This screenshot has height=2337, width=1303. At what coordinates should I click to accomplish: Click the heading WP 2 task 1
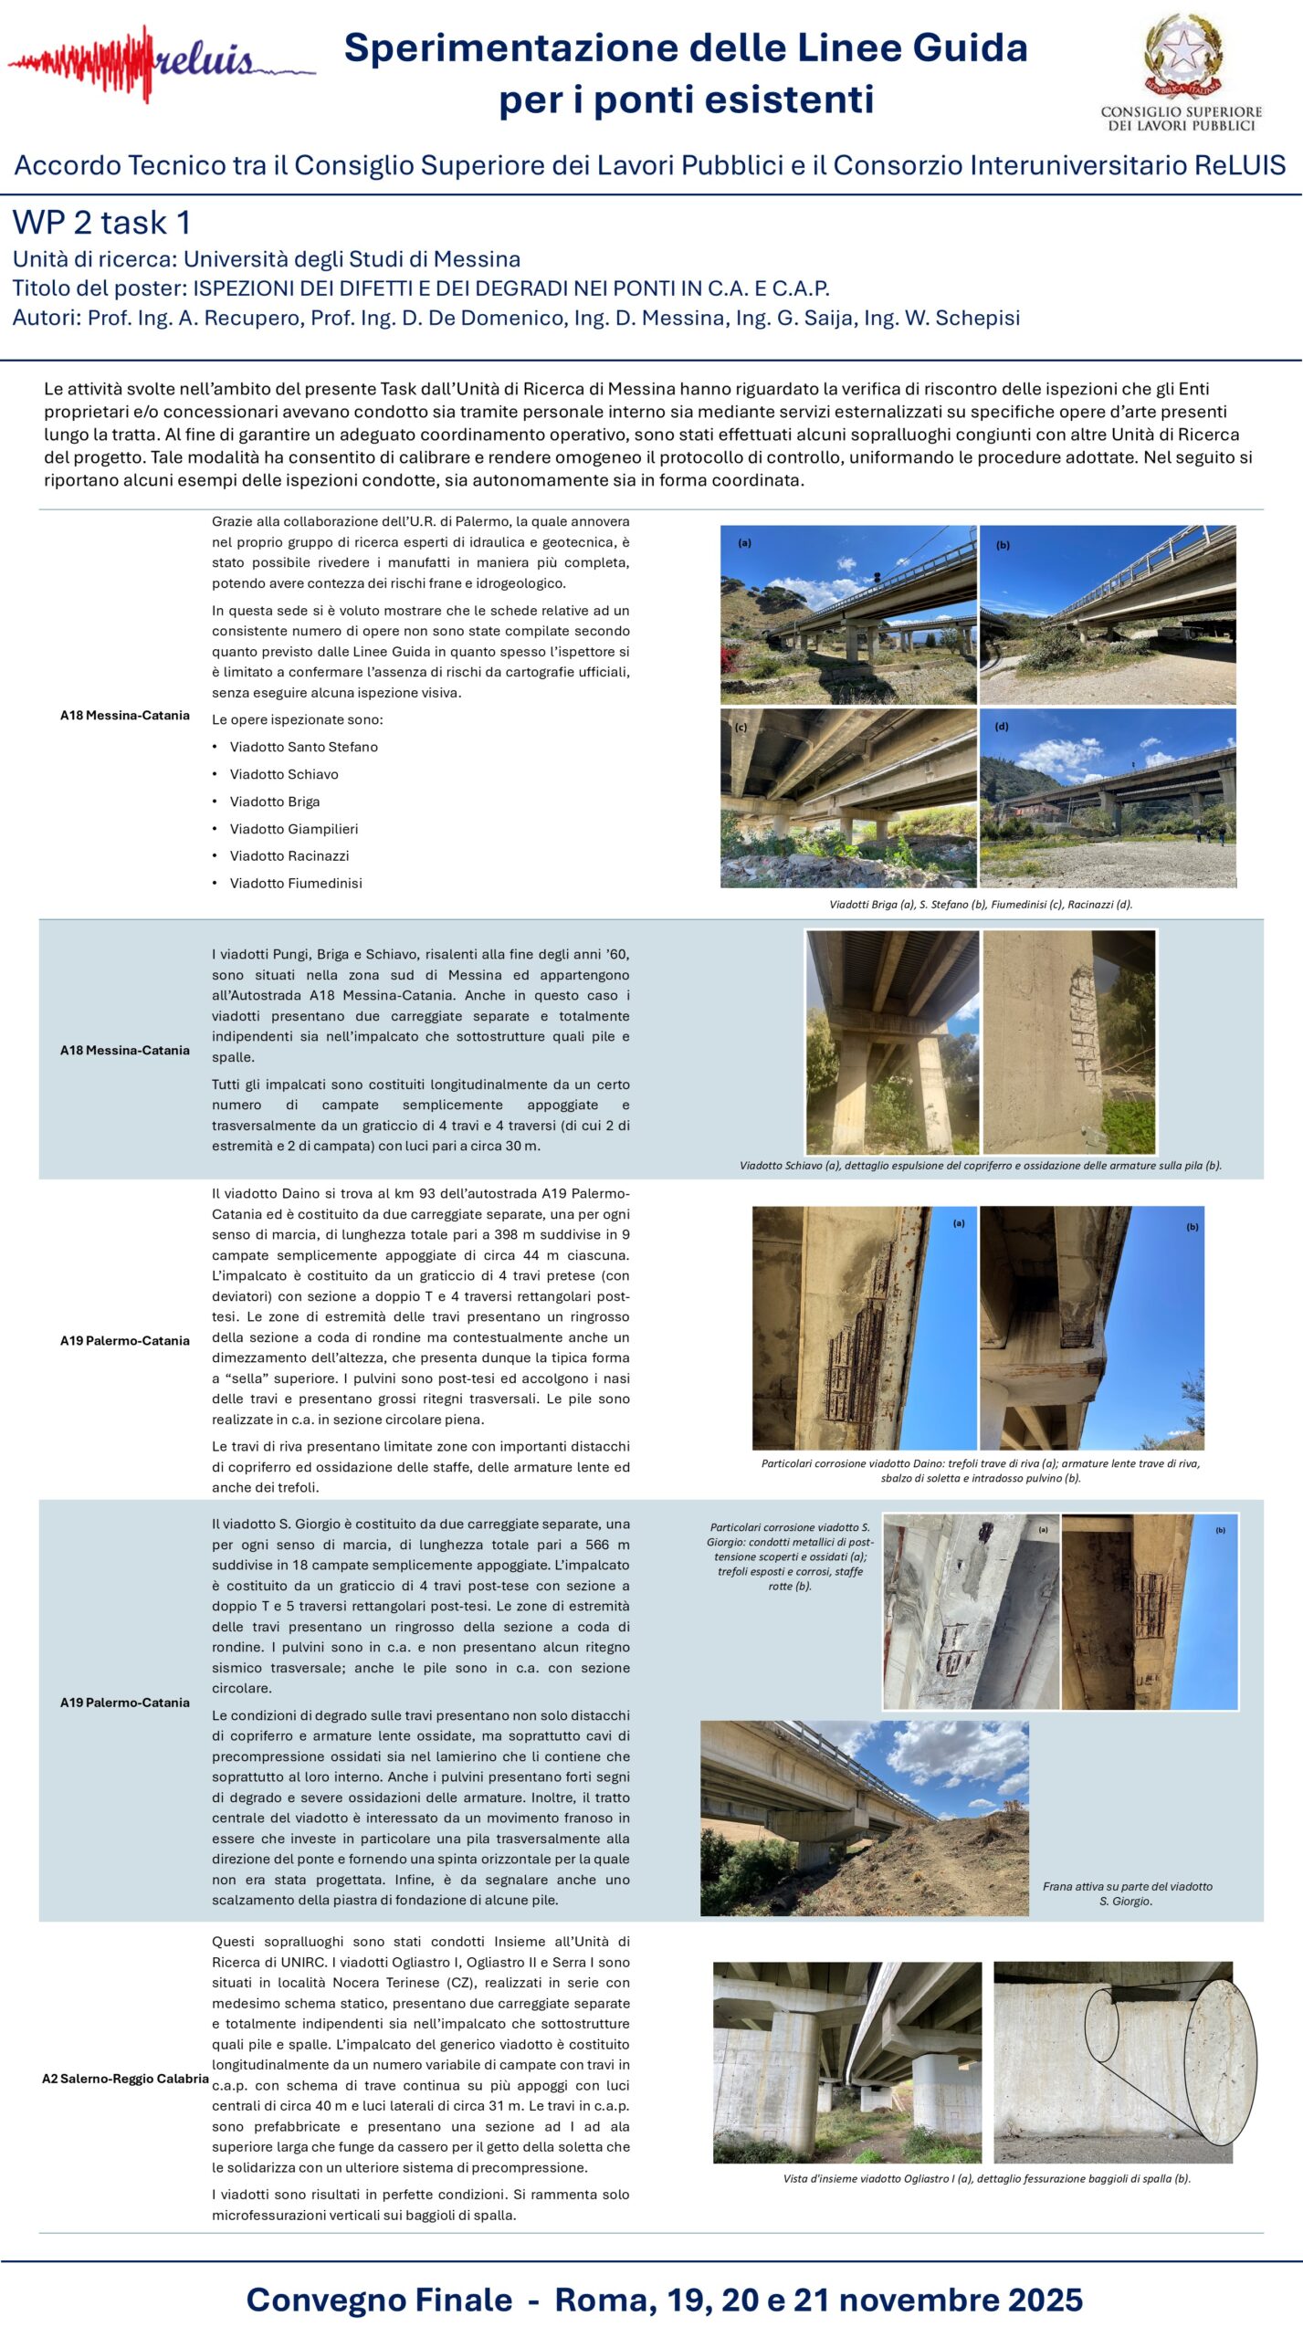(x=101, y=223)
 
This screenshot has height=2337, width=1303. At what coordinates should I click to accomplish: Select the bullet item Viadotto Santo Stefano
(x=303, y=747)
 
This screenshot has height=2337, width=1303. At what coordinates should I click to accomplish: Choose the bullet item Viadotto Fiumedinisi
(x=295, y=883)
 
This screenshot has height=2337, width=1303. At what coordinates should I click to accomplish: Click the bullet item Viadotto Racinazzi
(x=289, y=855)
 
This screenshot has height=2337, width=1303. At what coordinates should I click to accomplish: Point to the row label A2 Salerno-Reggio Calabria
(x=125, y=2079)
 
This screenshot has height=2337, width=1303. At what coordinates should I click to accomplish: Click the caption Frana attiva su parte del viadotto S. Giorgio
(x=1127, y=1893)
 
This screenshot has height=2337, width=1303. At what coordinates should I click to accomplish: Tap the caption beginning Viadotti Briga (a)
(x=980, y=905)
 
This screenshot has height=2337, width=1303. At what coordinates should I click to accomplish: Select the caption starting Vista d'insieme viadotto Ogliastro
(x=986, y=2178)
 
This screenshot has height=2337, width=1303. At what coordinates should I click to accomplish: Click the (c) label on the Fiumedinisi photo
(x=741, y=728)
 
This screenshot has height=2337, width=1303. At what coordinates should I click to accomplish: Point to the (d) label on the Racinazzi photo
(x=1002, y=727)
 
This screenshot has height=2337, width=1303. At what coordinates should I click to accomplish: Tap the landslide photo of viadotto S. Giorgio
(x=864, y=1818)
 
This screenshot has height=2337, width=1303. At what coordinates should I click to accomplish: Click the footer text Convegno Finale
(x=379, y=2300)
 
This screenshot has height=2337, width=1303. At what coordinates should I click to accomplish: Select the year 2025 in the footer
(x=1036, y=2300)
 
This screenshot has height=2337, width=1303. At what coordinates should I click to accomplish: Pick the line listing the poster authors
(x=516, y=318)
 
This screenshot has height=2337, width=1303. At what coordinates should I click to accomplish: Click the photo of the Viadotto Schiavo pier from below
(x=892, y=1042)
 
